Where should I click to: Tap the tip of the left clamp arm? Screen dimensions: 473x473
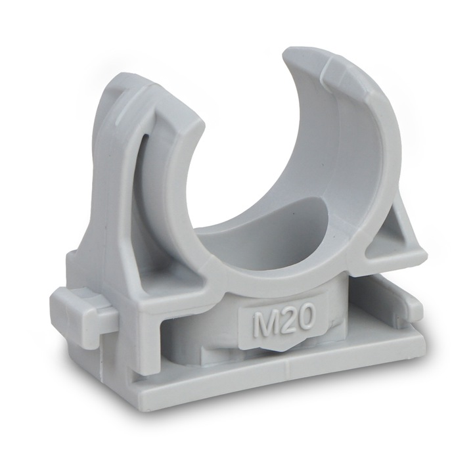181,100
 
